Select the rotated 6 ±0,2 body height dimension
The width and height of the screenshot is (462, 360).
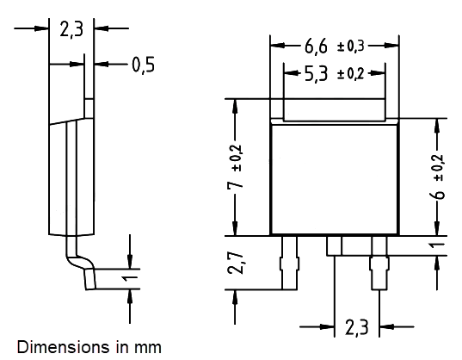(439, 177)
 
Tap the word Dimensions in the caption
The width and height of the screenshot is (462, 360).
(54, 348)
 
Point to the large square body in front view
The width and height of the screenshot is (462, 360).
(336, 179)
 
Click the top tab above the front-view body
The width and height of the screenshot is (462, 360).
(336, 109)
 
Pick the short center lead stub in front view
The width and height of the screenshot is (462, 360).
(335, 245)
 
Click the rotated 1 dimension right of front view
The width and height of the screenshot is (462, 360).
(439, 246)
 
